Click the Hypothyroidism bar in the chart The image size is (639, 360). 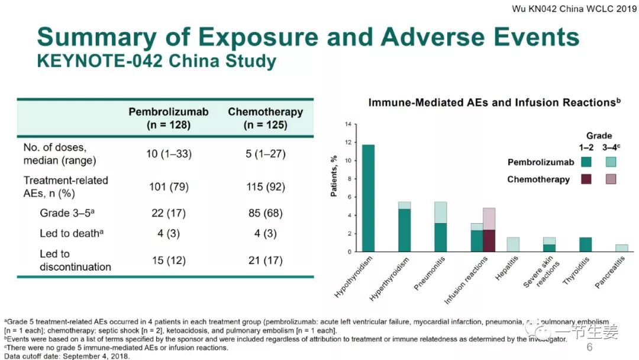coord(368,198)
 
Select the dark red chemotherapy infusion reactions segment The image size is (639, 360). coord(488,240)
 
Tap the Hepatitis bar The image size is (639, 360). coord(514,245)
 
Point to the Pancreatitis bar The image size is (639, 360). coord(622,248)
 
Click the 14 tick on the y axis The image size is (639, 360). coord(348,124)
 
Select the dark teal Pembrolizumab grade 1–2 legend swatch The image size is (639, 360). coord(586,162)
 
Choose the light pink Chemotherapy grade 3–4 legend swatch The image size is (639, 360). coord(611,179)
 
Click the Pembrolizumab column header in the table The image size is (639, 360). coord(169,118)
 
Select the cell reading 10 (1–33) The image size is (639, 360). coord(169,154)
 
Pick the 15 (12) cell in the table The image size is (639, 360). coord(169,261)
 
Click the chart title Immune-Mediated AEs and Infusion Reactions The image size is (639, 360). coord(494,102)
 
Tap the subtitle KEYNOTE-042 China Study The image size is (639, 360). coord(156,61)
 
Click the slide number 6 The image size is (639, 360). coord(589,347)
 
